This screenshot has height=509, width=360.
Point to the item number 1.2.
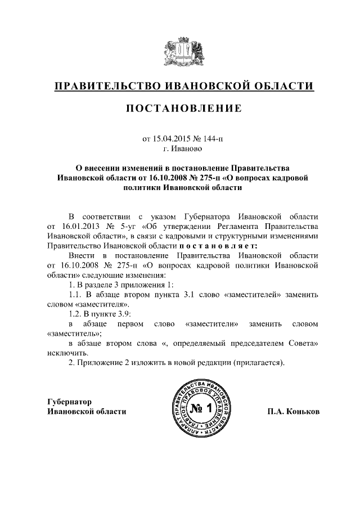click(x=75, y=314)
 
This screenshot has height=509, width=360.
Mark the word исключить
click(x=64, y=354)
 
